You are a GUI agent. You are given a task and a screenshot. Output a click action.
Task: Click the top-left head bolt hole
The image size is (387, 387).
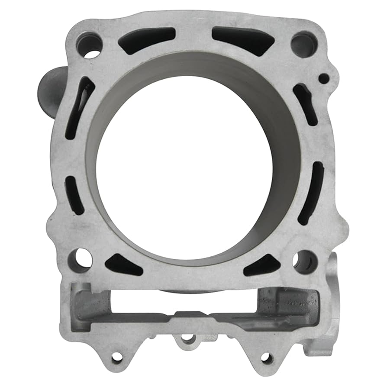pos(89,45)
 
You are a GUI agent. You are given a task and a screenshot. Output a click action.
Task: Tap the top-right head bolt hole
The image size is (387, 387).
pos(303,44)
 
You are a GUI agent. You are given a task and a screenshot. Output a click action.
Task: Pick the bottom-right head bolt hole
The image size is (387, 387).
pos(305,261)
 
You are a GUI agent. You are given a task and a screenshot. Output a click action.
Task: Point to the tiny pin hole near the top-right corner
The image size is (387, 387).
pos(323,79)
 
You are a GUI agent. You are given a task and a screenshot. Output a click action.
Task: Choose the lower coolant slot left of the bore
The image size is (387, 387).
pos(74,195)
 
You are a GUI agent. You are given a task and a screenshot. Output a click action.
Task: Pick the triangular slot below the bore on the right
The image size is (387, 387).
pos(262,265)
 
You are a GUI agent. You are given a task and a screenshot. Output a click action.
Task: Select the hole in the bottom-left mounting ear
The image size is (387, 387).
pos(117,358)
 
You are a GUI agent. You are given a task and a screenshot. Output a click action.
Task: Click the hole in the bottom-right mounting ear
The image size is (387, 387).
pos(267,358)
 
